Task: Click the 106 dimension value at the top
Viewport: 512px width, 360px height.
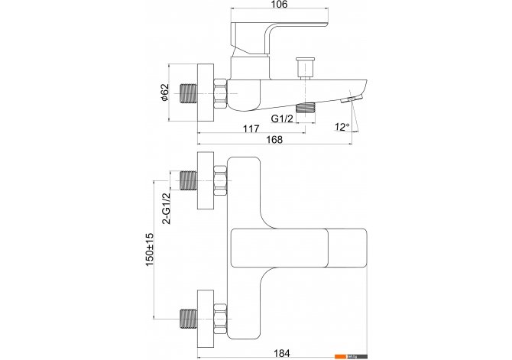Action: point(280,5)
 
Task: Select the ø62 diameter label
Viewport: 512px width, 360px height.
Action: point(165,92)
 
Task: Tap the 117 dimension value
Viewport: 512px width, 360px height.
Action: point(251,128)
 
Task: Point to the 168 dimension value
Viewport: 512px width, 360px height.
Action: point(274,140)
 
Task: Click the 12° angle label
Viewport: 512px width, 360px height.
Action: point(342,127)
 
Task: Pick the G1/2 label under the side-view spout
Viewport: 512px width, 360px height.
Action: point(282,118)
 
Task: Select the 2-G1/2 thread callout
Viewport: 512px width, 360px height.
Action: point(167,208)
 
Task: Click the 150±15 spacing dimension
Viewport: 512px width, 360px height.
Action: point(150,249)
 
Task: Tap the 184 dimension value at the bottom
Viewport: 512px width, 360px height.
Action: point(281,353)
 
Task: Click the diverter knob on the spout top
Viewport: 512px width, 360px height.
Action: point(305,68)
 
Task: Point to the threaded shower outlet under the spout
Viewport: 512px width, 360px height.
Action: point(306,108)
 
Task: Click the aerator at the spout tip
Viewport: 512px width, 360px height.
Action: point(352,99)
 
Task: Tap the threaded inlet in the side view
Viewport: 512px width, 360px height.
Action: point(189,94)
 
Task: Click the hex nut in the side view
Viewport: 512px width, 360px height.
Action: point(220,94)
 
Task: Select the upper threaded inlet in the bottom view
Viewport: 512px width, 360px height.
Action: point(189,180)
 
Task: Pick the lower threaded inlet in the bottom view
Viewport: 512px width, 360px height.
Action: point(189,319)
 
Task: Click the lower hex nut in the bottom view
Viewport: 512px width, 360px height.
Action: point(220,319)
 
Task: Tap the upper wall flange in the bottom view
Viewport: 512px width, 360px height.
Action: point(206,180)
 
